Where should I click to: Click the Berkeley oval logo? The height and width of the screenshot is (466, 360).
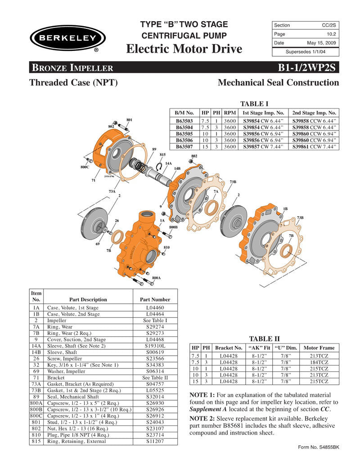(x=67, y=38)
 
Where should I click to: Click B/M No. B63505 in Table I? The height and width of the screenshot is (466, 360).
(x=184, y=134)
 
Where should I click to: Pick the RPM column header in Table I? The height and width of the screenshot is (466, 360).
(x=230, y=113)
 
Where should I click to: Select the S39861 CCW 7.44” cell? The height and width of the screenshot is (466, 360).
(x=314, y=146)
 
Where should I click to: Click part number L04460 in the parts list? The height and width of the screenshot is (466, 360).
(x=155, y=308)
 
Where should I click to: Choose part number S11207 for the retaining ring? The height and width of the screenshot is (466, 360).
(x=155, y=441)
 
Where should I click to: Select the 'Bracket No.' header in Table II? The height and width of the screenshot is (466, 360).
(x=229, y=348)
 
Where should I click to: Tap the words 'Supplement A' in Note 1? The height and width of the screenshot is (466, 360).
(x=209, y=409)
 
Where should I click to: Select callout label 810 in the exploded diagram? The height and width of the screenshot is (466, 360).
(x=166, y=248)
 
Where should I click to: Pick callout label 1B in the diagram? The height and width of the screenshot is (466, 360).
(x=285, y=208)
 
